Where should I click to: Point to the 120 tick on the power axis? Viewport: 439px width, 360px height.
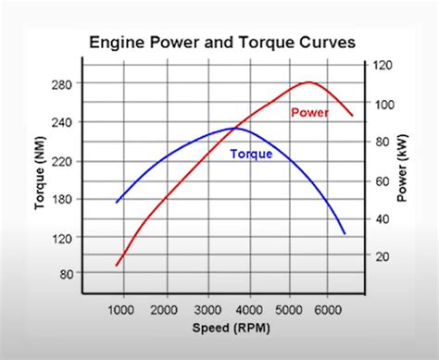(x=383, y=66)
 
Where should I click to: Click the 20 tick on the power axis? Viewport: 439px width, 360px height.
(x=380, y=255)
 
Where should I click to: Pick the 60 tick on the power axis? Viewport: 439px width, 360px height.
(x=380, y=180)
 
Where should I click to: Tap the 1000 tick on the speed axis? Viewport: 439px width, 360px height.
(x=121, y=310)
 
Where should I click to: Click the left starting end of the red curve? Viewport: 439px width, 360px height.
(x=117, y=266)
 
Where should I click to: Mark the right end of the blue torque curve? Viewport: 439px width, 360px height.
(x=345, y=233)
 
